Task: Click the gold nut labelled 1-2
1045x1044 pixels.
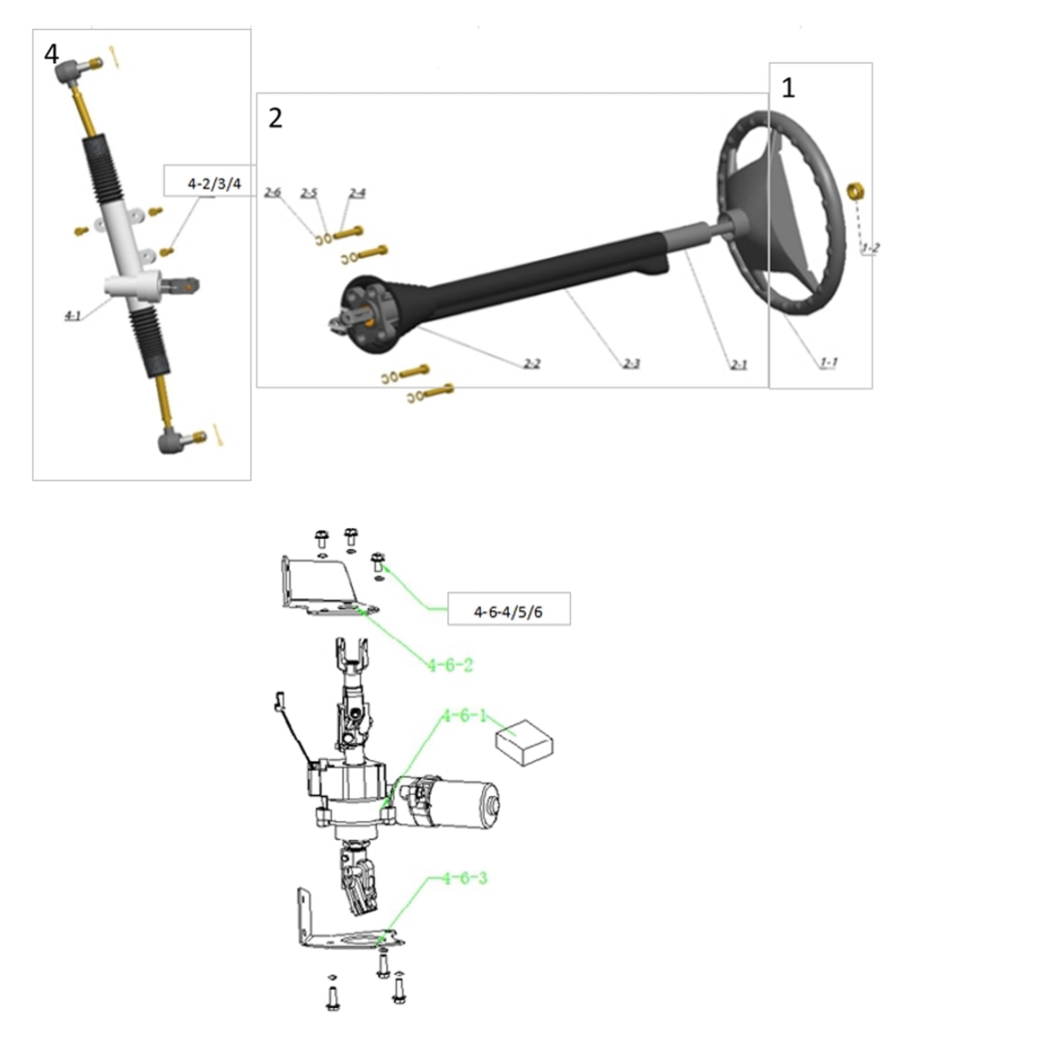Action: tap(855, 191)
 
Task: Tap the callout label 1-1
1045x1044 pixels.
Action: tap(829, 363)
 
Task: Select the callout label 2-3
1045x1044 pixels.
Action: tap(631, 364)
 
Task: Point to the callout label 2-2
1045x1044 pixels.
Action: tap(532, 364)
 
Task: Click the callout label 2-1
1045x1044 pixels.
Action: tap(739, 365)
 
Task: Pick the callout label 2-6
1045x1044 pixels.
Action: tap(273, 193)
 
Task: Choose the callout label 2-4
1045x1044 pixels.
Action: tap(357, 193)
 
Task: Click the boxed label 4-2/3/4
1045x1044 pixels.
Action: tap(214, 184)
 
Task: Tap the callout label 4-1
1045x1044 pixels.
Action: tap(73, 316)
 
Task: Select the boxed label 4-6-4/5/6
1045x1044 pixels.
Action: tap(508, 612)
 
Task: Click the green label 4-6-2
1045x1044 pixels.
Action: tap(450, 665)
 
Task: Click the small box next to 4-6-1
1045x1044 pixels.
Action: tap(524, 742)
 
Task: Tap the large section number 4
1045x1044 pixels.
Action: tap(51, 54)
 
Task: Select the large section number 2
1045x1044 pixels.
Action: tap(275, 118)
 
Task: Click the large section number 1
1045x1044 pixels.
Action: tap(788, 88)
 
